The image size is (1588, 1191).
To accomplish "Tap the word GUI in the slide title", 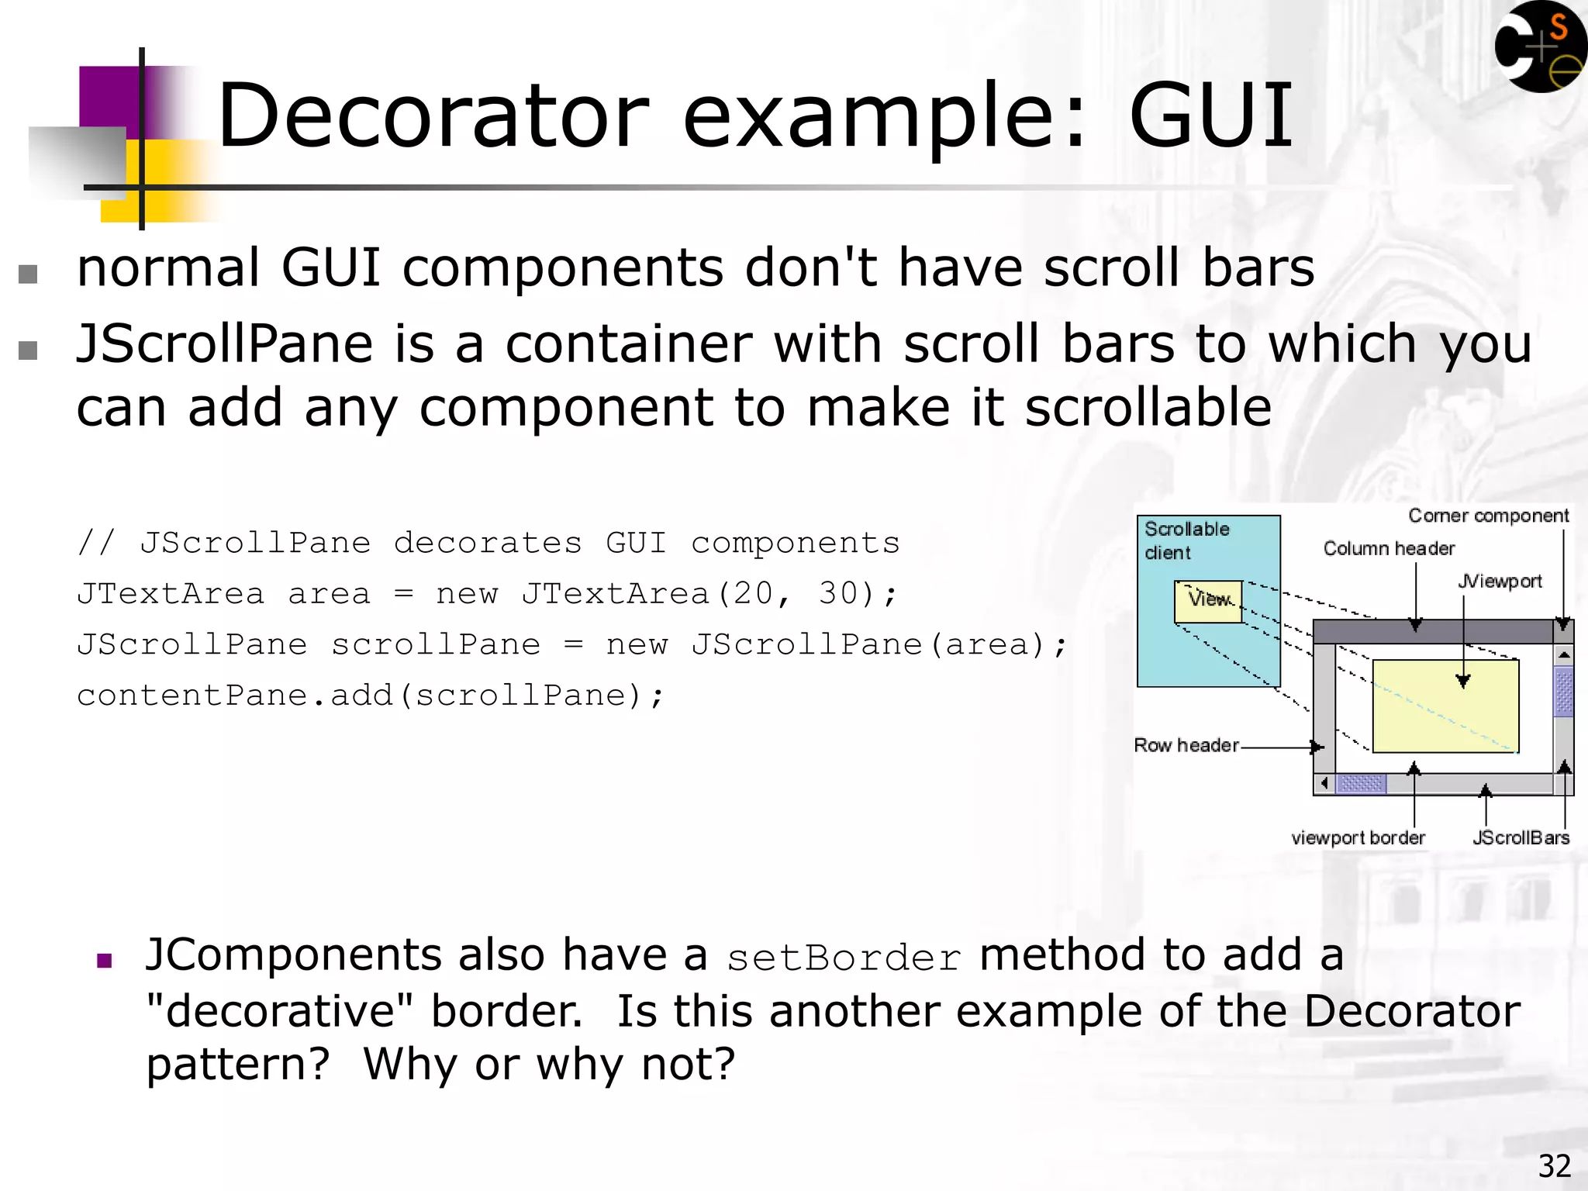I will (x=1210, y=116).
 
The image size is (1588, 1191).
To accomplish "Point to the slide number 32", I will (x=1554, y=1166).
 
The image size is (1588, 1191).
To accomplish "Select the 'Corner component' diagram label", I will (x=1488, y=516).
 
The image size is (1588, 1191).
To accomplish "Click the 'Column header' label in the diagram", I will (x=1389, y=548).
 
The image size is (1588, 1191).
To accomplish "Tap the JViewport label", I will (x=1500, y=581).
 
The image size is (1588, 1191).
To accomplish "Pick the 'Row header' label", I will (x=1186, y=745).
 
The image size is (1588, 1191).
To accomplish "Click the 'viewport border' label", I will (x=1358, y=837).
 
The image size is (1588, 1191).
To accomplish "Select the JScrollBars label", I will (x=1521, y=837).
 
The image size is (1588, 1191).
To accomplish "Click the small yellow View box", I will (x=1208, y=601).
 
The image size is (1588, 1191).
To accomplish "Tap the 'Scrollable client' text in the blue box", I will (x=1186, y=540).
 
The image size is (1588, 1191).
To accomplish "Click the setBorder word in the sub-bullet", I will (x=844, y=958).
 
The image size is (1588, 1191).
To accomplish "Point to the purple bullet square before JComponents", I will (x=105, y=961).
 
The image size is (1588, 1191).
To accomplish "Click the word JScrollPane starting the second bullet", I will (x=225, y=345).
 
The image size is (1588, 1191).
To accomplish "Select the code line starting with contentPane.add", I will (x=371, y=696).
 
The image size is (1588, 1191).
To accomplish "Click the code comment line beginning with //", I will (x=488, y=543).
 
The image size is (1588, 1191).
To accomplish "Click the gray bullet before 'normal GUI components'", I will (x=28, y=274).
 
